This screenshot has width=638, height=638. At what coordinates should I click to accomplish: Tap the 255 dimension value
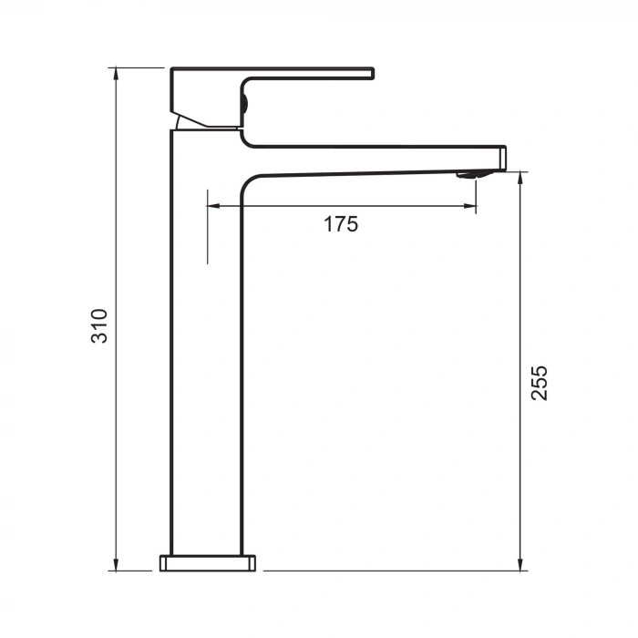coord(540,383)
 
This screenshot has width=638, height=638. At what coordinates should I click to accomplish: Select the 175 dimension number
coord(341,224)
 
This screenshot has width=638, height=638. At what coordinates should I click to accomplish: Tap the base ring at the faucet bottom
coord(208,562)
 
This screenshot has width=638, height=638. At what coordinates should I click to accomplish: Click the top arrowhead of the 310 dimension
coord(117,73)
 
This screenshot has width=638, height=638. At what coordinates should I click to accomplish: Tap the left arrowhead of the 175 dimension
coord(213,206)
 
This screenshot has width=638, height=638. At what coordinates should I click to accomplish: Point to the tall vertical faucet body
coord(206,365)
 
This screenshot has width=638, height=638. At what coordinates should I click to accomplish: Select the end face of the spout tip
coord(504,157)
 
